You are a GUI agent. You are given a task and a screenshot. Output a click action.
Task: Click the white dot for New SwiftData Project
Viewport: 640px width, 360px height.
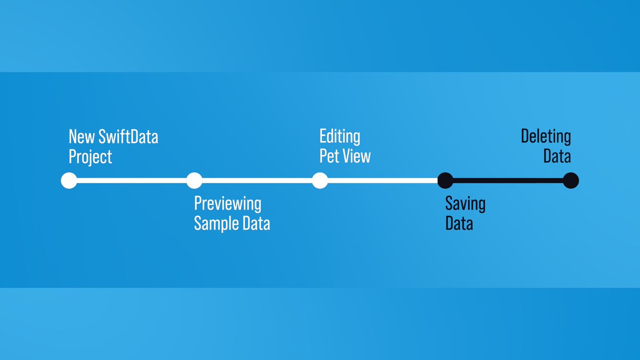(69, 181)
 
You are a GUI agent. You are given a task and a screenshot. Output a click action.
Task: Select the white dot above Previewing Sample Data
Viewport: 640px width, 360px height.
(194, 181)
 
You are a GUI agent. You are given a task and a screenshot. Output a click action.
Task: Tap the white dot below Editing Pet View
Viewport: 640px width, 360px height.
(319, 181)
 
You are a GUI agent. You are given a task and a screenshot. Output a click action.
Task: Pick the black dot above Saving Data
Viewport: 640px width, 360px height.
(445, 181)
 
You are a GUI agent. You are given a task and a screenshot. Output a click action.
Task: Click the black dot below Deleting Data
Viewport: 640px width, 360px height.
(571, 181)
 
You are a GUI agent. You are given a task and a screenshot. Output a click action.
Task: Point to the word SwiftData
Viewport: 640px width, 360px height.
(128, 137)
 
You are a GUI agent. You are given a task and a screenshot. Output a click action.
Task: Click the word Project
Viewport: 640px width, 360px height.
(90, 157)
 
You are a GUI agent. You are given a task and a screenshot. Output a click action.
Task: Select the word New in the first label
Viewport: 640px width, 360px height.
(81, 137)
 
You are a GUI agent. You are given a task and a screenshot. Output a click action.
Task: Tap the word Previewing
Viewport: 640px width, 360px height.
(228, 204)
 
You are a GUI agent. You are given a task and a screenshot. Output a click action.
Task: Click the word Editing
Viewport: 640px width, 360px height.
(340, 137)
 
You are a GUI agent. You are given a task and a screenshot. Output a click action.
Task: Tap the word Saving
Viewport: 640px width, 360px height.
(465, 204)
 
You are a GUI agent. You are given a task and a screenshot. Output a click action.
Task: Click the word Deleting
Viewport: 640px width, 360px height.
(546, 137)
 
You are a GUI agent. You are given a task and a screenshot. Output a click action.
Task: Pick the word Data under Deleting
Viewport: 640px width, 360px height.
(557, 157)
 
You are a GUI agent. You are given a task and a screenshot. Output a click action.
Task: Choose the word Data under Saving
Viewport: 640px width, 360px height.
(459, 223)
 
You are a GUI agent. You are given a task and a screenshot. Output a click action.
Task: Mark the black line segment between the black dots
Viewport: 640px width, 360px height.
(508, 181)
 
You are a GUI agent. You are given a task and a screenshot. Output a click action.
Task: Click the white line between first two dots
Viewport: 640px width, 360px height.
(131, 181)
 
